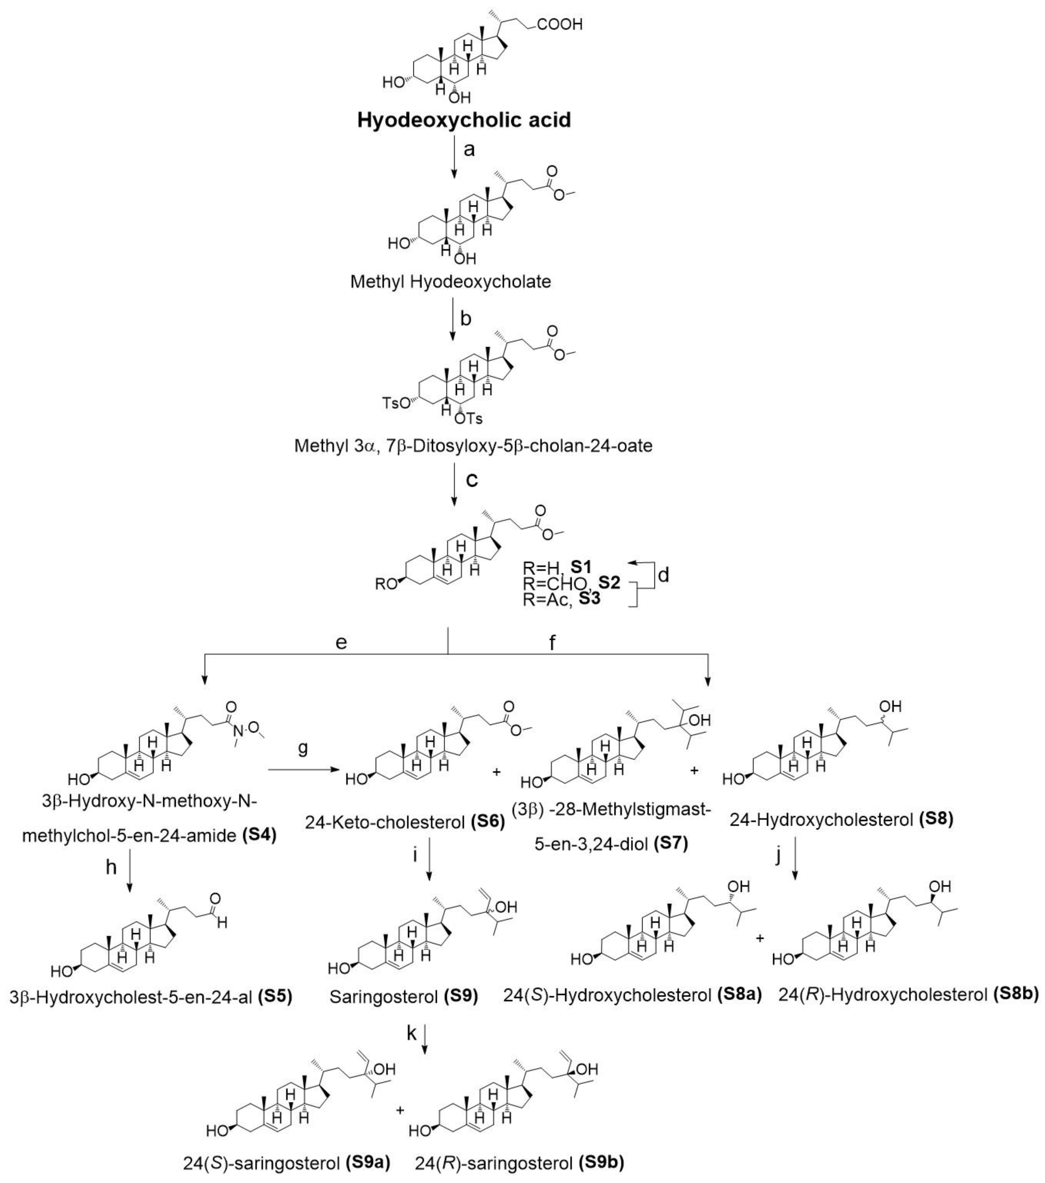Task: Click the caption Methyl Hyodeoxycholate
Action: [450, 283]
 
